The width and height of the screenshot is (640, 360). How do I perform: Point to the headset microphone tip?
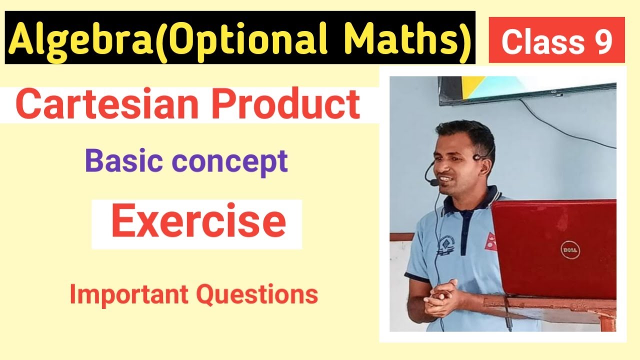(433, 183)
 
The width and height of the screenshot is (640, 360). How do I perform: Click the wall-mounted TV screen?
(525, 87)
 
